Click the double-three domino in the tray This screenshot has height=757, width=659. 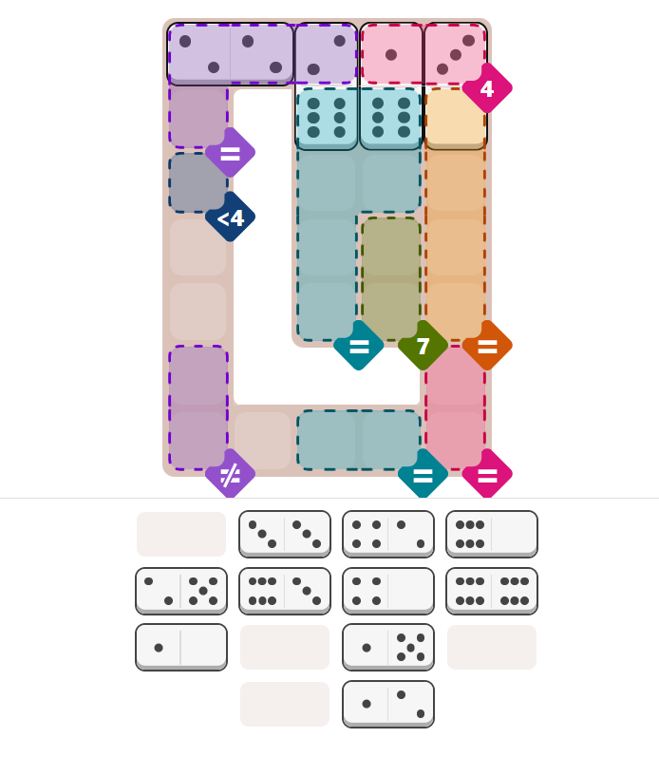point(284,534)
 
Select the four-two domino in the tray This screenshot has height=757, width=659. point(387,534)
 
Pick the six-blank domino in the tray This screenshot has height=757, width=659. point(491,534)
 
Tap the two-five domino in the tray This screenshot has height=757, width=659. point(180,591)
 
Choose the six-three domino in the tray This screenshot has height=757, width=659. point(284,591)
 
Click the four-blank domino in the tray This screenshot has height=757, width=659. point(387,591)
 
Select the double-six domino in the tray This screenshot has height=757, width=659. point(491,591)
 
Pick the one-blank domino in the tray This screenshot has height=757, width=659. point(180,647)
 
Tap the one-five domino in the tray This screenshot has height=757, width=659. point(387,647)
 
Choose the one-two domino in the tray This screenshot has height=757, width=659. point(387,704)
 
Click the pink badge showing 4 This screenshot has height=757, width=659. point(486,89)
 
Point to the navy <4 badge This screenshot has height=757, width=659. point(230,218)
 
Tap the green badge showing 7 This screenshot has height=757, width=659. point(423,346)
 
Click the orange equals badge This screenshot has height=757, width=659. point(487,346)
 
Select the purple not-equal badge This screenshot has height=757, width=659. point(230,474)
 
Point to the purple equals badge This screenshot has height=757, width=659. point(230,153)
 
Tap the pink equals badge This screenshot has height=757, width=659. point(487,474)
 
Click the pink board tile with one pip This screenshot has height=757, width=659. point(391,54)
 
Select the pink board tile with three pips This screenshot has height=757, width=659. point(455,54)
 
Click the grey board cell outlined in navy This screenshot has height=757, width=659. point(198,182)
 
